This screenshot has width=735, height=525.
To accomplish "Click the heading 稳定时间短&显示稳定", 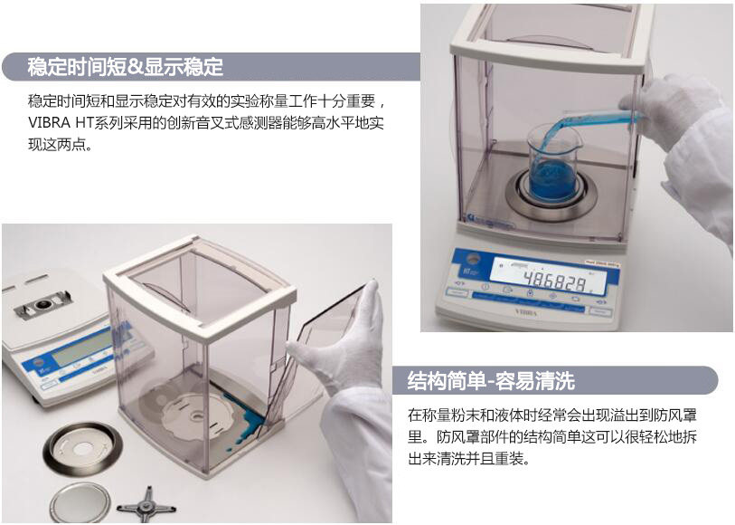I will pyautogui.click(x=126, y=67).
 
